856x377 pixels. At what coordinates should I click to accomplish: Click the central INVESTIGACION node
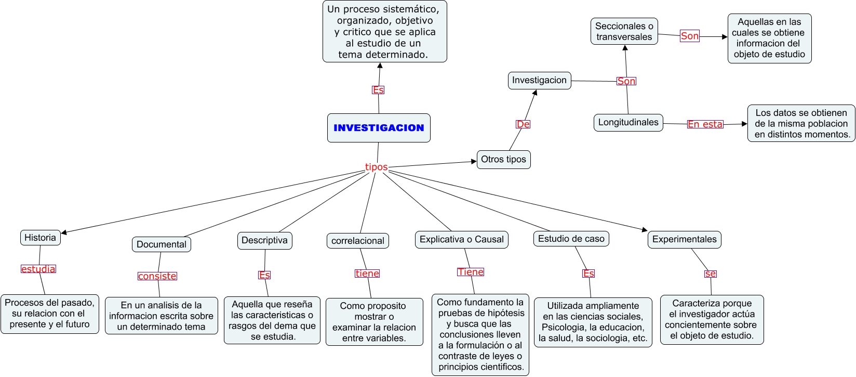coord(379,128)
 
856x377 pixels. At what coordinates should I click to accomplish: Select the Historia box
coord(40,238)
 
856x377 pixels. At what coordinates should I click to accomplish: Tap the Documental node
coord(161,244)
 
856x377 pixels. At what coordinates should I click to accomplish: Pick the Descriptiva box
coord(264,240)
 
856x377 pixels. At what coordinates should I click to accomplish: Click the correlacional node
coord(357,241)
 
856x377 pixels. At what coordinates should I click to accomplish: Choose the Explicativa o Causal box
coord(461,239)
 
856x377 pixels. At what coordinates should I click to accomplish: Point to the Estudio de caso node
coord(571,239)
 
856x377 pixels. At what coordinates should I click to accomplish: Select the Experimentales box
coord(684,239)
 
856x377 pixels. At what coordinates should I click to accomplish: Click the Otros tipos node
coord(503,160)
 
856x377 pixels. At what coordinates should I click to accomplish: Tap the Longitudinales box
coord(628,123)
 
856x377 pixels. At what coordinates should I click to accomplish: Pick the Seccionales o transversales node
coord(624,31)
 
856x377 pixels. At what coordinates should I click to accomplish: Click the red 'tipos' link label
coord(376,167)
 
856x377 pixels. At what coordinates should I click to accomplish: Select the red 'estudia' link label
coord(38,269)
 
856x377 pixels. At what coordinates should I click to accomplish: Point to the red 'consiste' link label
coord(157,276)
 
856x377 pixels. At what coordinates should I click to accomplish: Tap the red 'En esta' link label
coord(705,124)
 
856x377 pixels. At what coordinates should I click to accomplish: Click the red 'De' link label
coord(523,124)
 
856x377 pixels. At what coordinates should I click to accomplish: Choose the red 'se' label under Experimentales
coord(711,274)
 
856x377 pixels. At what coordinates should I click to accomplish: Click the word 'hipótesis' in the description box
coord(507,313)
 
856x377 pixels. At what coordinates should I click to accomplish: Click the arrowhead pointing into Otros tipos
coord(474,161)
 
